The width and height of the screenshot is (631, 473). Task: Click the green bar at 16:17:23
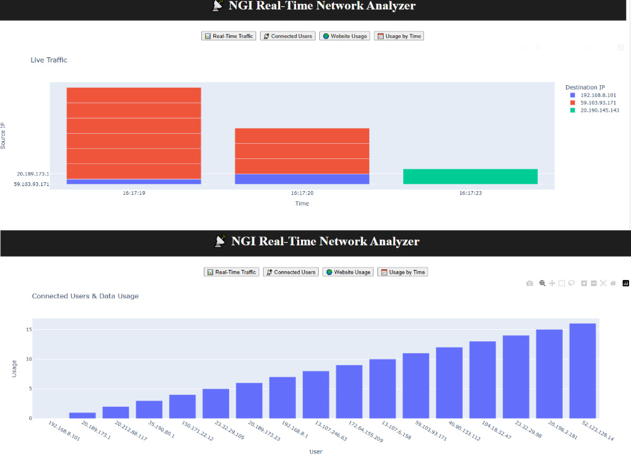pos(470,177)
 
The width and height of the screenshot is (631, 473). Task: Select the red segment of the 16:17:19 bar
pos(134,132)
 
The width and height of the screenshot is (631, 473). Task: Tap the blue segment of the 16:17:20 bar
pos(302,179)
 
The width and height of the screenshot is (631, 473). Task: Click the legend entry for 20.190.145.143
pos(599,110)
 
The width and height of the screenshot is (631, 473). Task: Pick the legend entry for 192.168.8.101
pos(599,95)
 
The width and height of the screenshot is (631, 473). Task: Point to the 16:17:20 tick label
pos(302,193)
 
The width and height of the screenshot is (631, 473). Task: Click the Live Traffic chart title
pos(49,61)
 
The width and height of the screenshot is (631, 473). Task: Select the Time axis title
pos(302,204)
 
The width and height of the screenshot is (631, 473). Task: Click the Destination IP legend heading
pos(585,87)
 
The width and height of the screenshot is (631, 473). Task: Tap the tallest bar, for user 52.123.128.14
pos(582,371)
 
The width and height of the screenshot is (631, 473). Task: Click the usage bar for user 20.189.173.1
pos(83,415)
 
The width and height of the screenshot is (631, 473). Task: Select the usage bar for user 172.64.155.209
pos(349,392)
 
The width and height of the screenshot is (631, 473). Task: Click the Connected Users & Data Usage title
pos(85,296)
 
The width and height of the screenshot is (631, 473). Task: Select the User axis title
pos(315,452)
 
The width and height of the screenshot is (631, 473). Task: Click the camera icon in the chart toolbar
pos(530,284)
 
